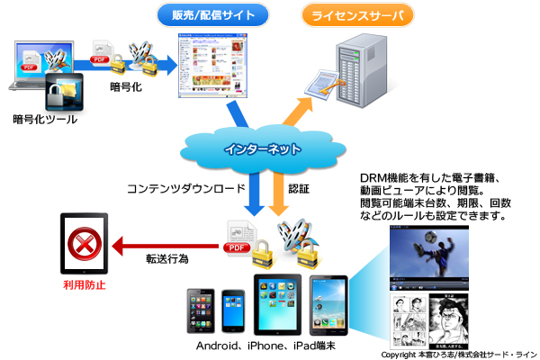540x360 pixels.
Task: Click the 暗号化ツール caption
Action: pos(44,118)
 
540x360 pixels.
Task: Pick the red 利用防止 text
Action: pos(84,286)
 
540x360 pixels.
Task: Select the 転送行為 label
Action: pos(167,259)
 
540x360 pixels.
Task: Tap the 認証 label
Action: pos(298,189)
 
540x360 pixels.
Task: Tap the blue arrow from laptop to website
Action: pos(161,63)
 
